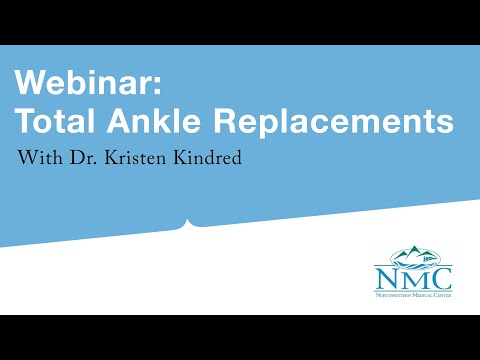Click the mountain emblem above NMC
pyautogui.click(x=415, y=254)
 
